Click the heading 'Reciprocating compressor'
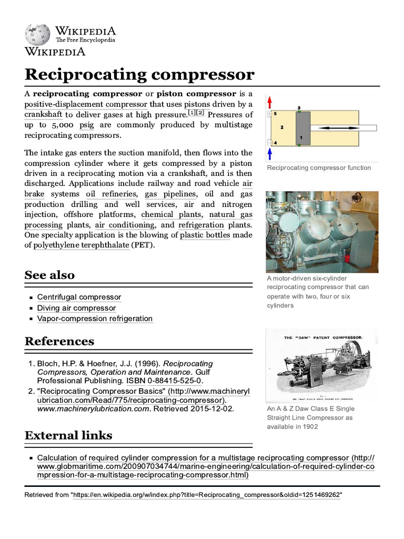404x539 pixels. (x=139, y=74)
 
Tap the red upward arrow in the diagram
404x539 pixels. (x=269, y=102)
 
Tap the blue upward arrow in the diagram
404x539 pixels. (x=269, y=153)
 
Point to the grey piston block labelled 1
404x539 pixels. (x=302, y=128)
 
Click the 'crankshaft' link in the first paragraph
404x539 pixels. (x=43, y=115)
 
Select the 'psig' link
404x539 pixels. (x=87, y=125)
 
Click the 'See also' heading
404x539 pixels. (x=49, y=275)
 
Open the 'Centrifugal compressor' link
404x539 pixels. (x=79, y=297)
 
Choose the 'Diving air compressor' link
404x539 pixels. (x=76, y=308)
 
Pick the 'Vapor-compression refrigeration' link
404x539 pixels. (x=95, y=318)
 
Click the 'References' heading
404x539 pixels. (x=59, y=341)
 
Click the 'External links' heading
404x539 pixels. (x=68, y=435)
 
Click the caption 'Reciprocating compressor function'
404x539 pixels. (x=319, y=168)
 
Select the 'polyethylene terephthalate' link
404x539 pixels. (x=82, y=246)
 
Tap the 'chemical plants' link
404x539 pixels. (x=171, y=215)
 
